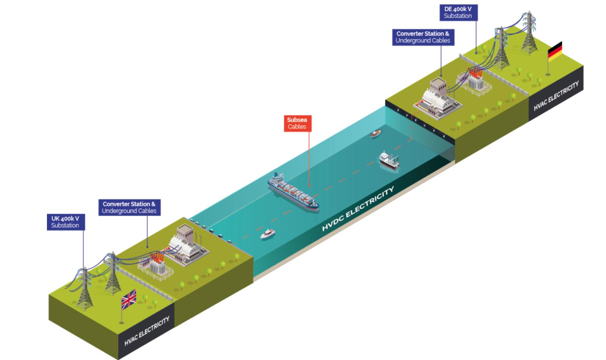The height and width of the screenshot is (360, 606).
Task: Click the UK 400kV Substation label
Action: [x=65, y=222]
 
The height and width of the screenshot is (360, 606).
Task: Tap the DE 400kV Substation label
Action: [x=458, y=12]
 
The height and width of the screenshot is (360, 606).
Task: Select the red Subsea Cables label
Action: [x=297, y=123]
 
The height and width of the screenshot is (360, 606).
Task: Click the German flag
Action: [x=555, y=51]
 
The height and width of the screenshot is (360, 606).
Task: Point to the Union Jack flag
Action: [x=129, y=299]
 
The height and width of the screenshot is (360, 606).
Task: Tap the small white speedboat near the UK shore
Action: [x=267, y=234]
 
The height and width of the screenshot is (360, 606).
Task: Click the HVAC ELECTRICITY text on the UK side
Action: [x=147, y=330]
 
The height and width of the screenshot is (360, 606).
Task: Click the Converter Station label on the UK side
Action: [x=129, y=207]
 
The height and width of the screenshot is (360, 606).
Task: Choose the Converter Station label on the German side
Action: [x=423, y=37]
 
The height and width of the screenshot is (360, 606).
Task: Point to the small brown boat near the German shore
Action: [x=376, y=134]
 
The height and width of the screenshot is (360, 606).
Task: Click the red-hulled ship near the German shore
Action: [x=389, y=160]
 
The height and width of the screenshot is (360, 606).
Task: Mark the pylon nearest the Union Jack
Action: [x=112, y=273]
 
